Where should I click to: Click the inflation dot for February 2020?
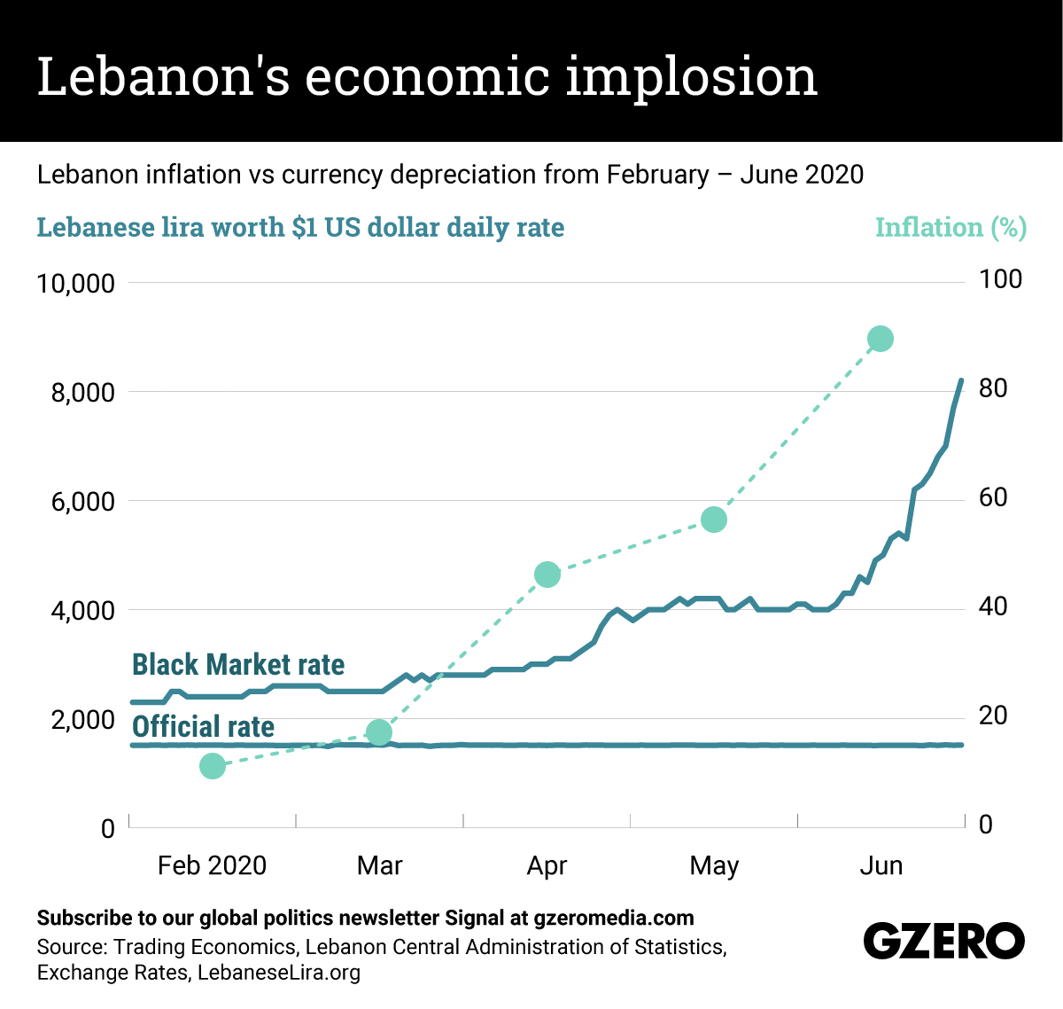pos(213,766)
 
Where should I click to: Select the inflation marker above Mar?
pos(379,732)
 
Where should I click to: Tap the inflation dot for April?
pos(547,575)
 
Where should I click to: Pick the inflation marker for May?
pos(714,520)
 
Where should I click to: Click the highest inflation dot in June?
pos(881,339)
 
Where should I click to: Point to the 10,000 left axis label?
pos(76,284)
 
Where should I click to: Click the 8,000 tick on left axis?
pos(83,393)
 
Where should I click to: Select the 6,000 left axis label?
pos(83,502)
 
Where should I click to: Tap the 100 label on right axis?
pos(1000,279)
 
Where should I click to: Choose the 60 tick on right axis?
pos(993,497)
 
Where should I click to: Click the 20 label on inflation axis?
pos(993,716)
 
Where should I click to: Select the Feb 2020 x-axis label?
pos(212,865)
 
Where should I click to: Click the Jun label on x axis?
pos(881,865)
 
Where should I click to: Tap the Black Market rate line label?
pos(238,664)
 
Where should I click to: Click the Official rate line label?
pos(203,727)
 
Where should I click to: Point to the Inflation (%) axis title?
pos(950,228)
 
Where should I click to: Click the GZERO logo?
pos(943,941)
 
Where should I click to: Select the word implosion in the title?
pos(691,76)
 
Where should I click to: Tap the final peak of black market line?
pos(961,380)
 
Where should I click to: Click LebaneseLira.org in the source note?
pos(279,973)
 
